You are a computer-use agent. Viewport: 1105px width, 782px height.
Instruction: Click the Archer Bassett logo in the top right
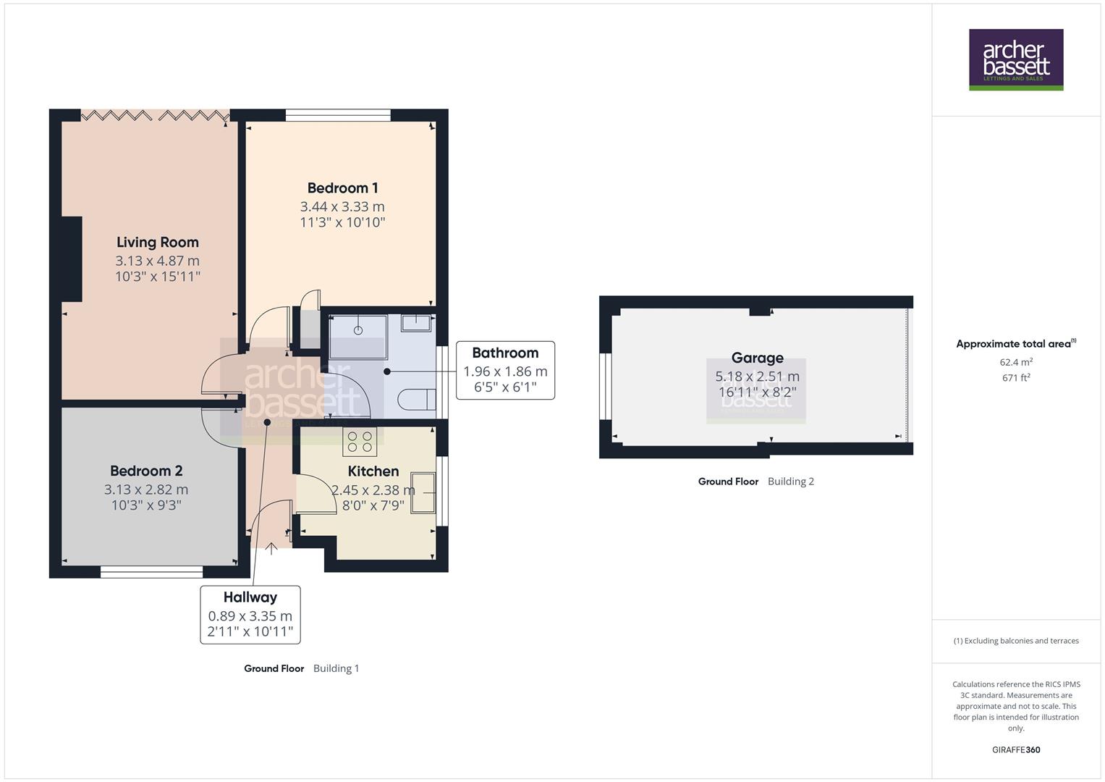[1015, 59]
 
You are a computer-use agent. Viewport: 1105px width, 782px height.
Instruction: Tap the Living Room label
[157, 243]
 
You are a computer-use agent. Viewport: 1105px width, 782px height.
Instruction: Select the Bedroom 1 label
[342, 188]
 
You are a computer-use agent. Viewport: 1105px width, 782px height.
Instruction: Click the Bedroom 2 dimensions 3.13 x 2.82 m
[146, 489]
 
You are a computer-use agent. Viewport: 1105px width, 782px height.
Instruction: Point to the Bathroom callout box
[505, 370]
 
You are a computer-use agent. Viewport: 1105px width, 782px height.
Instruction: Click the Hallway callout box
[250, 615]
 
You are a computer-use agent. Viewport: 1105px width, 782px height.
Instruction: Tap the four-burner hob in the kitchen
[360, 442]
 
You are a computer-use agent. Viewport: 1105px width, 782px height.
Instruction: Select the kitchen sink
[423, 492]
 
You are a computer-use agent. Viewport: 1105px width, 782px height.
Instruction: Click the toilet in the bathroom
[418, 400]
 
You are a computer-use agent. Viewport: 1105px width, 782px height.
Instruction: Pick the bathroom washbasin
[416, 322]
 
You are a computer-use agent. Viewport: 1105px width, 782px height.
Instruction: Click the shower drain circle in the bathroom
[357, 330]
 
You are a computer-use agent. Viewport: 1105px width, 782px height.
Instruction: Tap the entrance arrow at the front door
[271, 548]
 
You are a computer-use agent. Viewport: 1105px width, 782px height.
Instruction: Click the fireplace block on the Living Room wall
[72, 258]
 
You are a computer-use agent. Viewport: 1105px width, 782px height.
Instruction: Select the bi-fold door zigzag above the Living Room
[155, 115]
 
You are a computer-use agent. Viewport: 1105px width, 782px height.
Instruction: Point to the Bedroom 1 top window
[338, 114]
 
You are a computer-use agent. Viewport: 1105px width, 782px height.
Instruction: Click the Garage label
[757, 358]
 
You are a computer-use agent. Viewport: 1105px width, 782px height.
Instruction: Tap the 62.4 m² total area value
[1015, 362]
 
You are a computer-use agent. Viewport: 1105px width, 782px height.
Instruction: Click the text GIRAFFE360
[1015, 750]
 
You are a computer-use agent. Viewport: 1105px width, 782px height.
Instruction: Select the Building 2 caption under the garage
[790, 482]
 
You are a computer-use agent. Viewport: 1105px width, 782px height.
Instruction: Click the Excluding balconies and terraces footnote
[1015, 641]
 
